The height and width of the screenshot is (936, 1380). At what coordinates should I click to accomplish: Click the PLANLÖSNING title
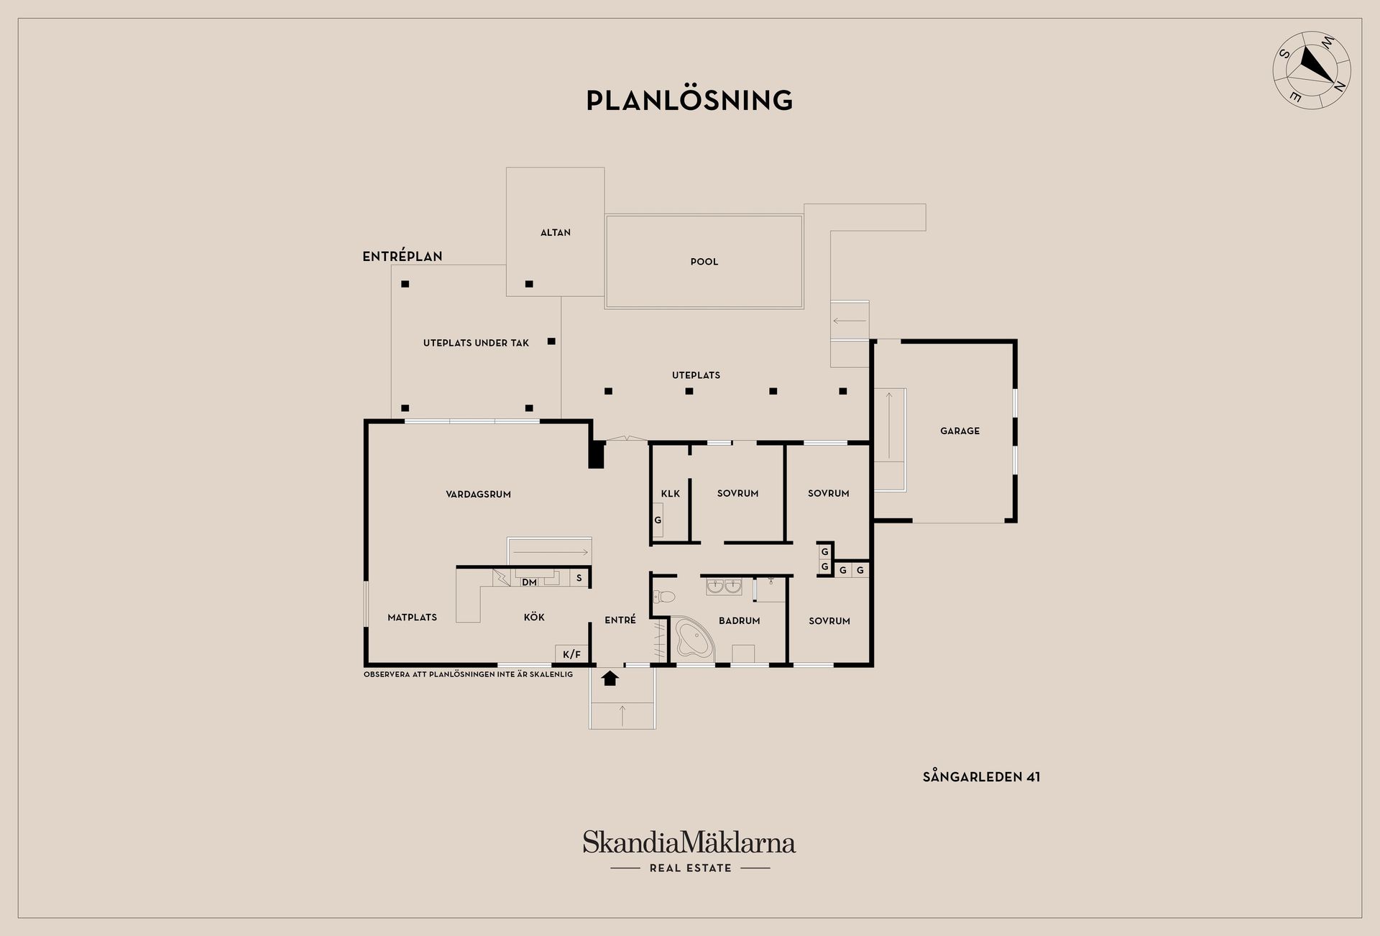(x=689, y=100)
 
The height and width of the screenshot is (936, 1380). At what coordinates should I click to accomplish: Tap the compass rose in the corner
(x=1312, y=70)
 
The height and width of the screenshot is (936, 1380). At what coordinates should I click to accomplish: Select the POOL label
(x=704, y=262)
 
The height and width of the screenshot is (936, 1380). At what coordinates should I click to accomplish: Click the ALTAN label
(x=556, y=232)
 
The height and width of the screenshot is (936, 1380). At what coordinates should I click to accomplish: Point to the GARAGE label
(x=960, y=431)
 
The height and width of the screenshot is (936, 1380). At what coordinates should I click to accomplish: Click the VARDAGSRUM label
(x=478, y=494)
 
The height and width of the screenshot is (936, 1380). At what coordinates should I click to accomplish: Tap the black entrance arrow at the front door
(x=610, y=678)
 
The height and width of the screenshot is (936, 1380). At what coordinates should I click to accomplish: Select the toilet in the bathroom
(x=663, y=596)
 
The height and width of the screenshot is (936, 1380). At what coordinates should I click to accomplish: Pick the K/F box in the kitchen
(x=572, y=653)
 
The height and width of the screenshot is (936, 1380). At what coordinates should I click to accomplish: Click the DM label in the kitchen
(x=529, y=582)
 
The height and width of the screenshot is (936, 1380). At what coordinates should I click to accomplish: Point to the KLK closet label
(x=671, y=493)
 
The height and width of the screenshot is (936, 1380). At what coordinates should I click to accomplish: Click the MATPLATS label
(x=412, y=617)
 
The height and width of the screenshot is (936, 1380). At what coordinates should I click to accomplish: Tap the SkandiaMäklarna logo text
(x=689, y=843)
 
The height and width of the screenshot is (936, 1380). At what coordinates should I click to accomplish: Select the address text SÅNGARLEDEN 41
(x=981, y=776)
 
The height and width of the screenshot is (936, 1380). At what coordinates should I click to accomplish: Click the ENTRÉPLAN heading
(x=402, y=256)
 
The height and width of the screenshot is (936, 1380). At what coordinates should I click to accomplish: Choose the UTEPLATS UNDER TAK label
(x=476, y=343)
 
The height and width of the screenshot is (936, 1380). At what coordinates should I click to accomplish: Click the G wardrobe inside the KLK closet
(x=658, y=520)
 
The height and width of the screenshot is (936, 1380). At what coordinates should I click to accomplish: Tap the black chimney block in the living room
(x=596, y=455)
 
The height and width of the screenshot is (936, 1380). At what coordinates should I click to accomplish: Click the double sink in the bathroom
(x=724, y=587)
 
